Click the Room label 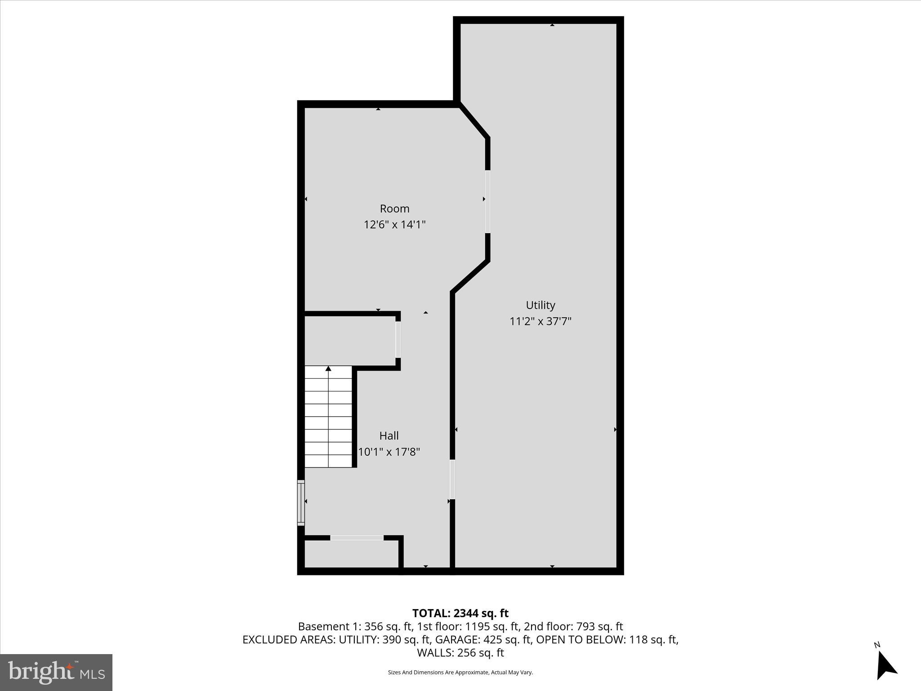394,209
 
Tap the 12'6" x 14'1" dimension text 394,224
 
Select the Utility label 540,305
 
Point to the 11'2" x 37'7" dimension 540,321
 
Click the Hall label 389,435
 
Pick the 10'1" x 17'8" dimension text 389,452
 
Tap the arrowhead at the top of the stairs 328,369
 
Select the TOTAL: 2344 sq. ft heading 460,613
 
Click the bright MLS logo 56,672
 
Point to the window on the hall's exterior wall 301,503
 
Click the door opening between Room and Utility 487,202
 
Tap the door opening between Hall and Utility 452,479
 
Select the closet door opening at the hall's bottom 357,538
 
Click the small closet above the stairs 350,341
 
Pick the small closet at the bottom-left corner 351,554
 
